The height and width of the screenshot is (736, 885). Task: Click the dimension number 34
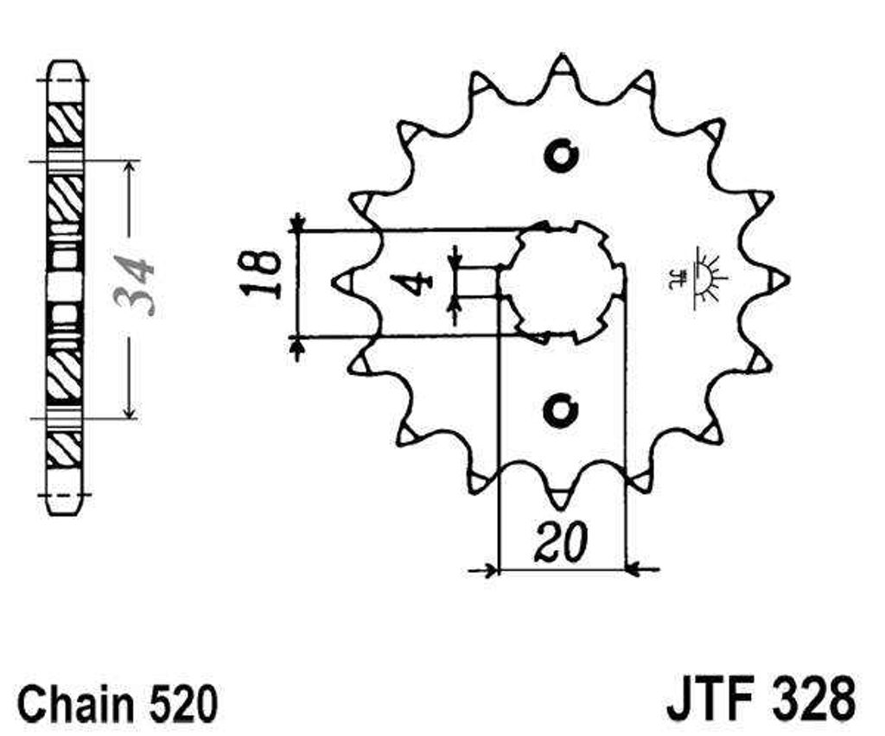133,285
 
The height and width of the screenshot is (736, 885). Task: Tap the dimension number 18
261,274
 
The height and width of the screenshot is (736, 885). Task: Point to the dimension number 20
562,543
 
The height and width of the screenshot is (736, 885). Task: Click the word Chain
76,703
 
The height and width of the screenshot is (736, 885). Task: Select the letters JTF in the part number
710,700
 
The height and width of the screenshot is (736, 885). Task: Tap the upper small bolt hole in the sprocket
561,155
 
